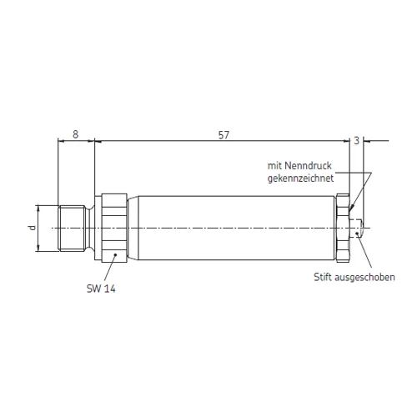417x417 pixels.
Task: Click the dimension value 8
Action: coord(75,134)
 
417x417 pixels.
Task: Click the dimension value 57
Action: coord(224,135)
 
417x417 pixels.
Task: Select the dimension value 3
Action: coord(357,141)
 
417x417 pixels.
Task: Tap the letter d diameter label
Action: coord(33,228)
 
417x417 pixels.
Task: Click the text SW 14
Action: coord(101,289)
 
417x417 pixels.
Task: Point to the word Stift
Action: coord(323,277)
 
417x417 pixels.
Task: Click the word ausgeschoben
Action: coord(364,278)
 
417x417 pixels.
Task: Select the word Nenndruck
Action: coord(309,166)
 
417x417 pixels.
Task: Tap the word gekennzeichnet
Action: coord(300,178)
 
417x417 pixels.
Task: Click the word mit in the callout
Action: coord(274,166)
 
